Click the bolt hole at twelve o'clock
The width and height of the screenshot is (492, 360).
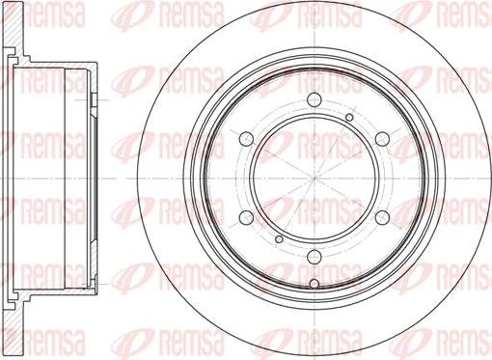point(314,99)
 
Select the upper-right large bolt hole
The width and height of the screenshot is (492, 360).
point(382,139)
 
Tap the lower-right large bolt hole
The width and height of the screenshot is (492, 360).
point(382,217)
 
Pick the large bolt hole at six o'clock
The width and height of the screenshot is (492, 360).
point(314,257)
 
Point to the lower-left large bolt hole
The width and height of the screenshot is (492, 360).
point(246,217)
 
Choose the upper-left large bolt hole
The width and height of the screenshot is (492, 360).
point(246,139)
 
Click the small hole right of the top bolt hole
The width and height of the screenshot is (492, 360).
point(349,117)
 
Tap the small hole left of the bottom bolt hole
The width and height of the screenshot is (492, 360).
point(279,239)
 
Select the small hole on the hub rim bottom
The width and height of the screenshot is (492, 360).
point(314,284)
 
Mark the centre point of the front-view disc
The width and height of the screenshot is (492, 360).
point(314,178)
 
